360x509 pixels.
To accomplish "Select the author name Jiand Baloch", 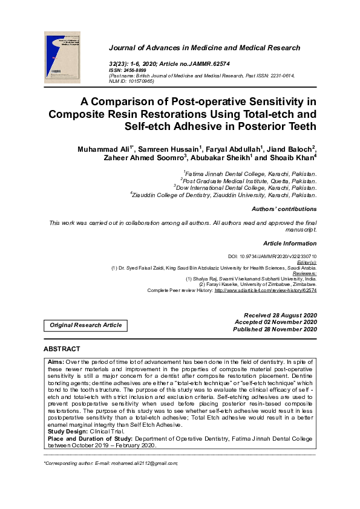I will point(291,149).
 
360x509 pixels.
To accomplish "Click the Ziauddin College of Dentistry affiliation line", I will point(223,195).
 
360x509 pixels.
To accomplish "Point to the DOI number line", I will point(272,256).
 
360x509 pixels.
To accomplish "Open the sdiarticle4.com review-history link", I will point(265,290).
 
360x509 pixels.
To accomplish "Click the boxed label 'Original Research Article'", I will point(85,325).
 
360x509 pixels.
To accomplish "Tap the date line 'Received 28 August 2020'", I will point(280,316).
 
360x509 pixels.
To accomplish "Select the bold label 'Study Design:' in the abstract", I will point(67,415).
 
